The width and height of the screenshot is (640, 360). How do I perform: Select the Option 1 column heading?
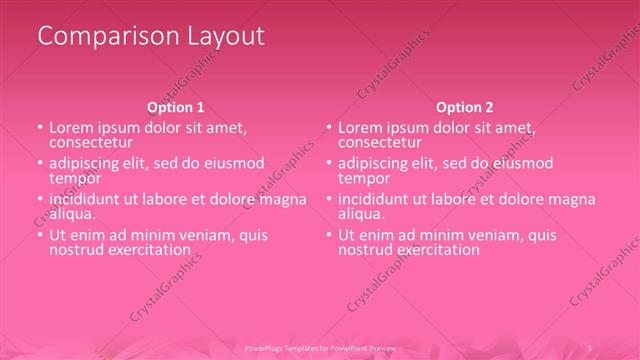(176, 107)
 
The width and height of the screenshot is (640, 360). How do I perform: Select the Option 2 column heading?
(464, 107)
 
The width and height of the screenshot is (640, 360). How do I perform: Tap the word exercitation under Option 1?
(147, 249)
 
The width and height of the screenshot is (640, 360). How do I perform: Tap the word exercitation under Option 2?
(435, 249)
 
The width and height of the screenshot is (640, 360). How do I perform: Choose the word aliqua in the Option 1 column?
(72, 214)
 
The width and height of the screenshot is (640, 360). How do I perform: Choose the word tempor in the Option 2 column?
(362, 178)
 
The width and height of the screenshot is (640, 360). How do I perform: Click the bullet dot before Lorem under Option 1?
(40, 129)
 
